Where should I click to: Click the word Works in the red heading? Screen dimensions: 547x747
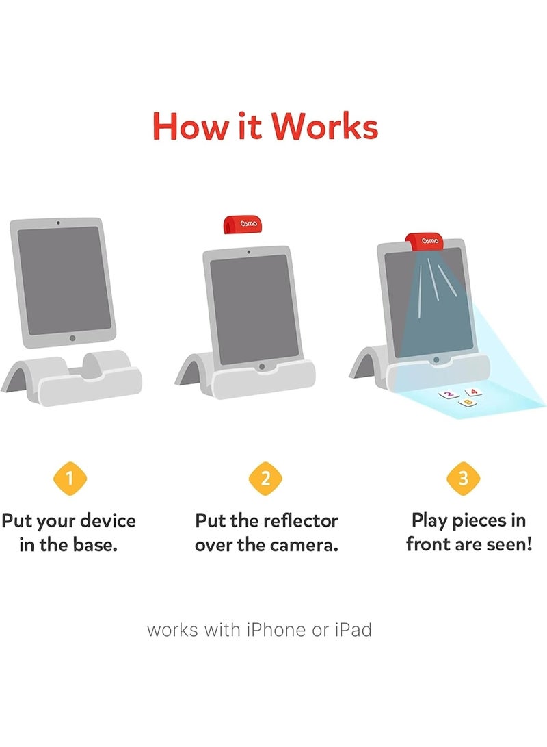coord(325,126)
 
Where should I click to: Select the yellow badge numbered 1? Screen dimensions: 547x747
coord(70,479)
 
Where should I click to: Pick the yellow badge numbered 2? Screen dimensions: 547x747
coord(265,479)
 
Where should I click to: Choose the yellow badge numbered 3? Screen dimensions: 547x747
coord(464,479)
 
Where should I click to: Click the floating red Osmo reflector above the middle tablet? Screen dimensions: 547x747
coord(243,225)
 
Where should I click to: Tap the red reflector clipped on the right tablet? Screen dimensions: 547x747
coord(425,241)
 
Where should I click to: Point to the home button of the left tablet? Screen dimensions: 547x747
coord(72,338)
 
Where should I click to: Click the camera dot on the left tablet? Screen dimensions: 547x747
coord(58,223)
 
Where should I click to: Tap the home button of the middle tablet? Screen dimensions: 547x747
coord(261,367)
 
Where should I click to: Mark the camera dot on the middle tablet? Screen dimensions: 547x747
coord(249,252)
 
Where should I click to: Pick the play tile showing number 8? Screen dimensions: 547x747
coord(468,403)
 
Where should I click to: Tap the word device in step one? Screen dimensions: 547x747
coord(108,520)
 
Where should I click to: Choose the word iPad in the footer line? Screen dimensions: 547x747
coord(353,630)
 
